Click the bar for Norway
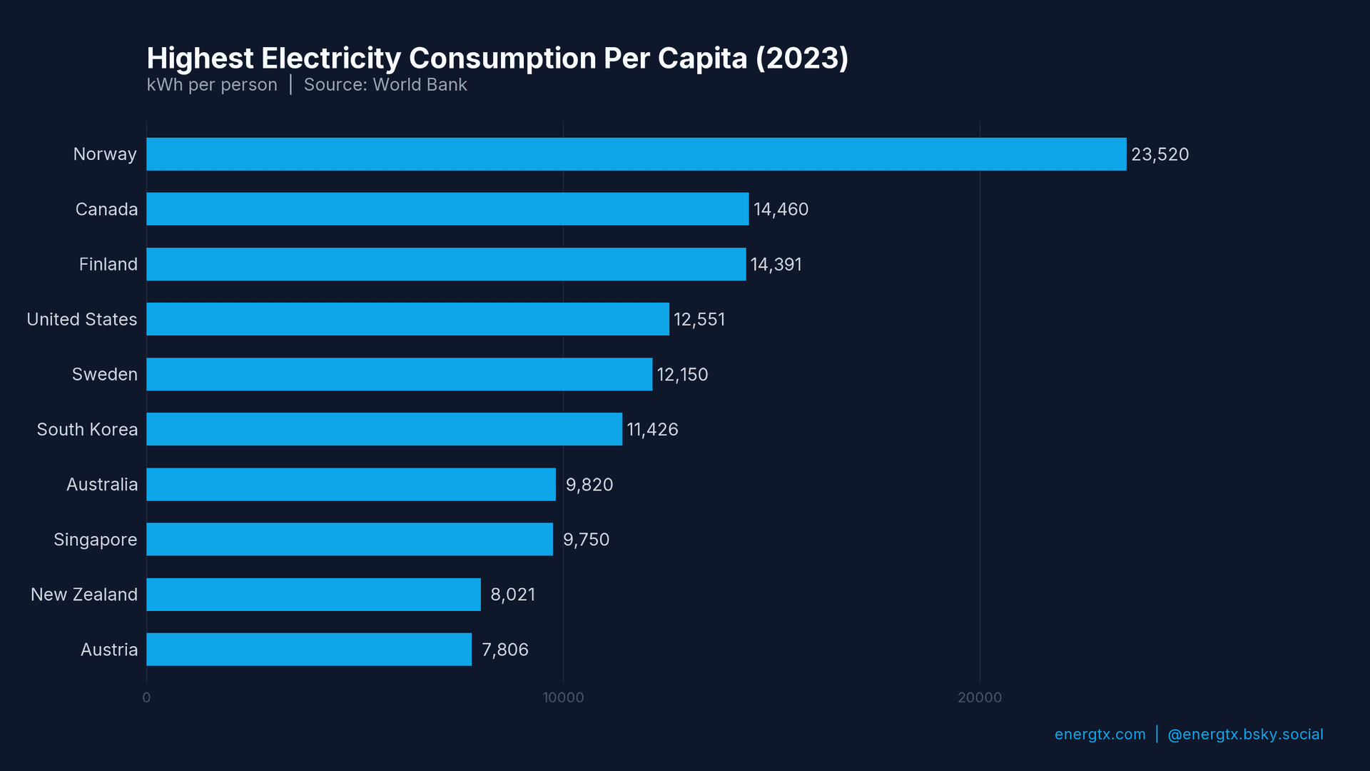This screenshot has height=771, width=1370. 636,154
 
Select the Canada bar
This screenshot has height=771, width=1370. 447,209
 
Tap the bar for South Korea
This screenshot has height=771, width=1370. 384,429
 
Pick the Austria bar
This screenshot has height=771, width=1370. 309,650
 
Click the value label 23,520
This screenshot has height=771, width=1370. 1160,154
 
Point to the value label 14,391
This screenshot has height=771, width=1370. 776,264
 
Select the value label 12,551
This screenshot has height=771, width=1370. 699,319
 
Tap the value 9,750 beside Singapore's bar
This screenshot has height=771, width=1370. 586,539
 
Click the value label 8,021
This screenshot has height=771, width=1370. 512,595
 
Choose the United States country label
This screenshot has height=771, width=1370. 81,319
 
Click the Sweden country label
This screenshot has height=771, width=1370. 104,374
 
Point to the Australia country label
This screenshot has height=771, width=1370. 101,484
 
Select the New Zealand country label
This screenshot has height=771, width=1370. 83,595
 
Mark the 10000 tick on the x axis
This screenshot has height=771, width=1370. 563,697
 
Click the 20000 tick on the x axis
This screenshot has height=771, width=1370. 979,697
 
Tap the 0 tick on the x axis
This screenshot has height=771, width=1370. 146,697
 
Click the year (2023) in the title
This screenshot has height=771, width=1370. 802,59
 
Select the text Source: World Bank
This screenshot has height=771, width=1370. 385,85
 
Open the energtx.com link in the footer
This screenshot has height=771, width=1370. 1100,735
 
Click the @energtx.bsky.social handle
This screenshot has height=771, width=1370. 1245,735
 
